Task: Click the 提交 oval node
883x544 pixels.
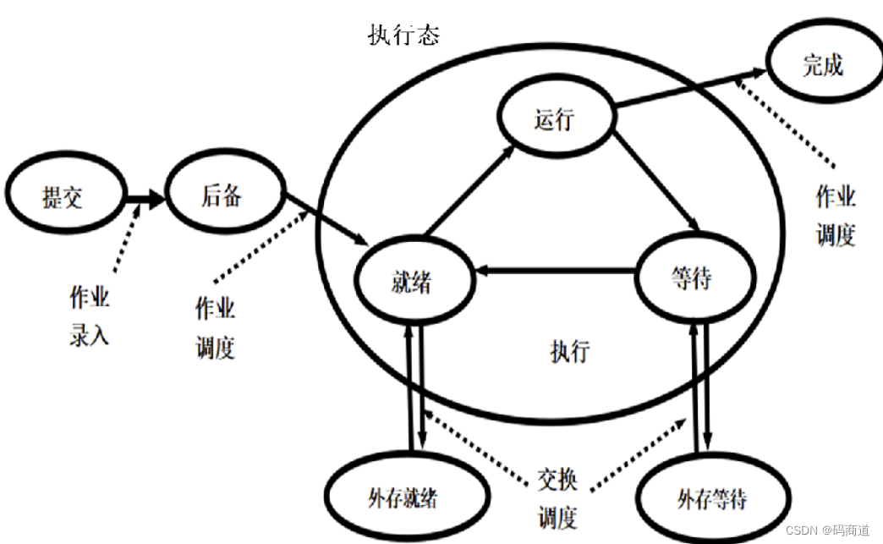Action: tap(63, 198)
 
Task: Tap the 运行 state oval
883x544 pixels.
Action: tap(555, 119)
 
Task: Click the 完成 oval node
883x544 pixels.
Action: tap(823, 65)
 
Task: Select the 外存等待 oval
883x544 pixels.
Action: tap(712, 499)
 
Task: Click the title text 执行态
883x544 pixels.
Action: tap(404, 36)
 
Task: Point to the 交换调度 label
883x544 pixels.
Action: tap(558, 498)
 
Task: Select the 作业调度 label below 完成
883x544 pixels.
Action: tap(836, 217)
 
